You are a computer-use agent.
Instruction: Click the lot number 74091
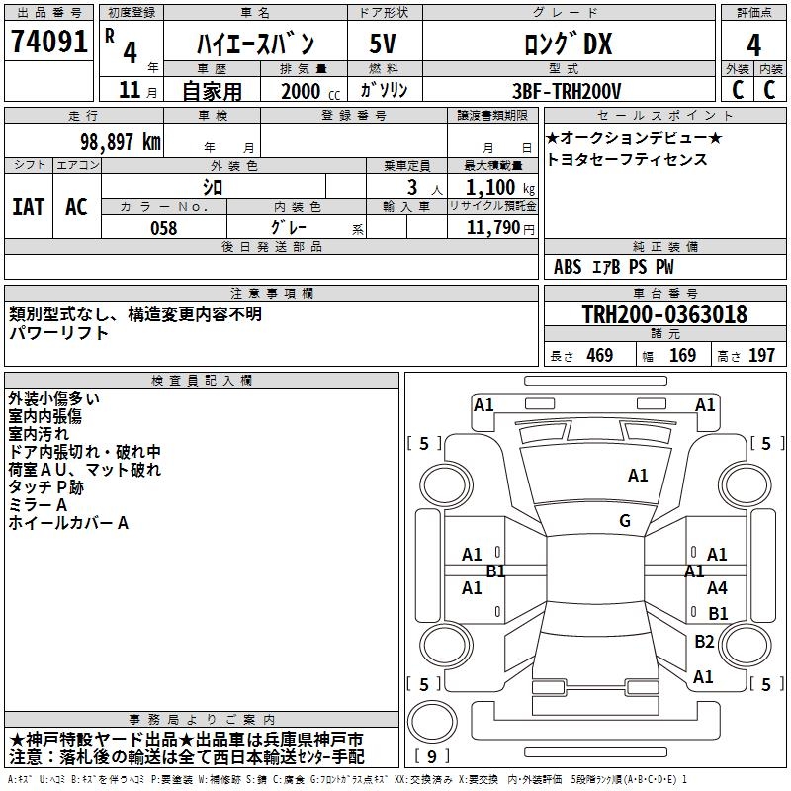click(48, 42)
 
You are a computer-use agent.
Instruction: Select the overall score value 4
click(753, 44)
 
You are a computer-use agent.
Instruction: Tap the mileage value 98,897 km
click(120, 141)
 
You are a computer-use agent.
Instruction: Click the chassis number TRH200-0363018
click(664, 314)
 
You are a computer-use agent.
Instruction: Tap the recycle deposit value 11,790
click(500, 228)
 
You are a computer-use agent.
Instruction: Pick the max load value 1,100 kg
click(493, 187)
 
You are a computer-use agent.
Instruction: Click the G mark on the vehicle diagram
click(625, 521)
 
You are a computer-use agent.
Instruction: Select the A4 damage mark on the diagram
click(717, 588)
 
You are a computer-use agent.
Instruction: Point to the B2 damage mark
click(704, 642)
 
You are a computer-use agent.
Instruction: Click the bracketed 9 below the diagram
click(431, 756)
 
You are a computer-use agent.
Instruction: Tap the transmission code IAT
click(28, 207)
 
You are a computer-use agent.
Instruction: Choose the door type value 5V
click(384, 44)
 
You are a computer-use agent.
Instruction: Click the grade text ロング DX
click(568, 44)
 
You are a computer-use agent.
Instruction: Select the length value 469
click(599, 356)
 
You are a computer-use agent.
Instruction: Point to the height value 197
click(761, 356)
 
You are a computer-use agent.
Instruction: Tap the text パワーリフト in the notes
click(58, 333)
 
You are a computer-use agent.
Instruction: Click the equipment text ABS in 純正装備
click(568, 267)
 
